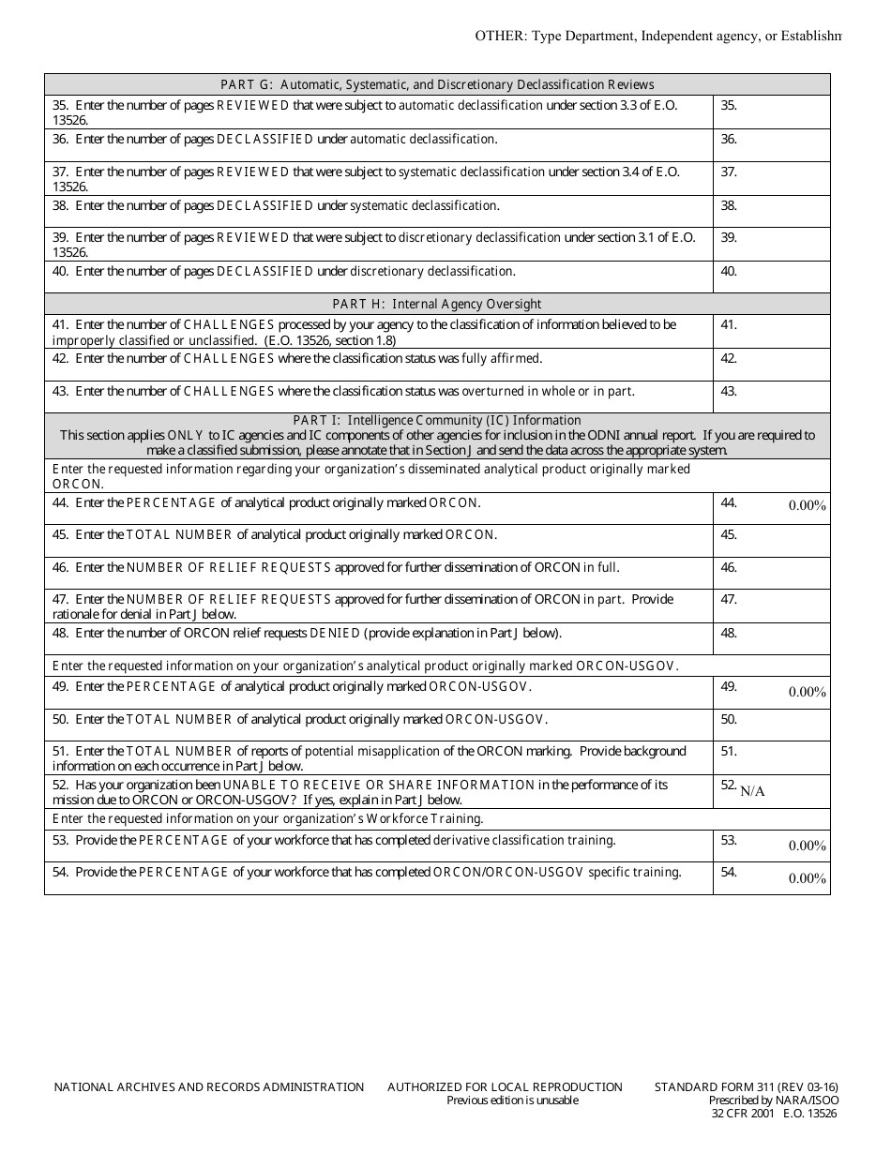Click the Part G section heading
(437, 84)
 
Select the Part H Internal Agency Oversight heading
(437, 304)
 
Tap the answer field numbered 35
(772, 112)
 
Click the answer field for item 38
(772, 211)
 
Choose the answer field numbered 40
(772, 277)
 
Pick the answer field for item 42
(772, 365)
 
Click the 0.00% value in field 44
(807, 505)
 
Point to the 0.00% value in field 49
(807, 692)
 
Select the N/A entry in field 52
(752, 791)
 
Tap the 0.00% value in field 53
(807, 846)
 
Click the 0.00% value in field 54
(807, 878)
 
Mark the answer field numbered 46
(772, 573)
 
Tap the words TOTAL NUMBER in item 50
(178, 719)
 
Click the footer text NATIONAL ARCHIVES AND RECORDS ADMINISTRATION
(209, 1086)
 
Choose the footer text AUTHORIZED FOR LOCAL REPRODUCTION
(505, 1086)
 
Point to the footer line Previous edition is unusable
(512, 1101)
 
